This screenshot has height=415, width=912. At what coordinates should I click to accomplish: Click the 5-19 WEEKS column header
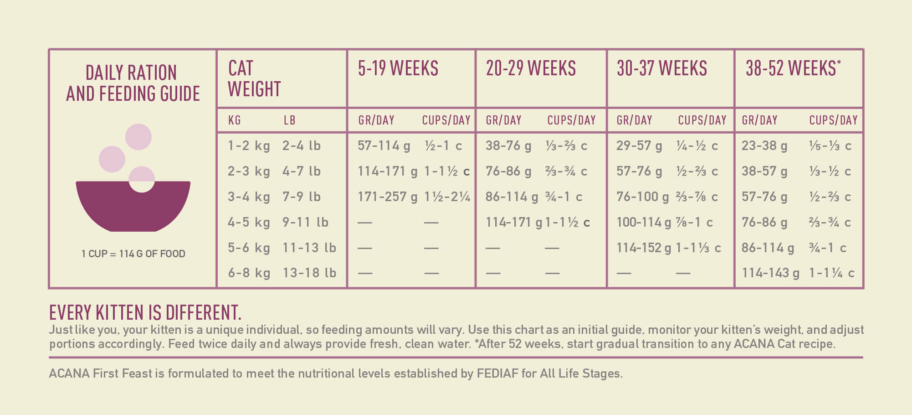click(x=398, y=68)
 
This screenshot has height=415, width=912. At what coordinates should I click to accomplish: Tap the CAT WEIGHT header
click(x=254, y=78)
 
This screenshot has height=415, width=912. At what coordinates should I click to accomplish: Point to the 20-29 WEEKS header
click(x=531, y=68)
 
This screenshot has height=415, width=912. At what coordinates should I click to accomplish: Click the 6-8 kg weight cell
click(x=249, y=273)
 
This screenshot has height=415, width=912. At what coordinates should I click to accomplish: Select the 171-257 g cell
click(x=387, y=197)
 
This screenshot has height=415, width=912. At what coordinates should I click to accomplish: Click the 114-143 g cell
click(x=770, y=273)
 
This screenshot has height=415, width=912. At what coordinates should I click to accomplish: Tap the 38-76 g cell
click(x=508, y=145)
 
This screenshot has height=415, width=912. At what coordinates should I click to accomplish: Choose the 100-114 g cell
click(x=643, y=222)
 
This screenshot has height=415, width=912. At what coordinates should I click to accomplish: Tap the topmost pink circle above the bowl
click(x=138, y=137)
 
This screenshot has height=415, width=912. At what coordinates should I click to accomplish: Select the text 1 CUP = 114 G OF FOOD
click(x=133, y=254)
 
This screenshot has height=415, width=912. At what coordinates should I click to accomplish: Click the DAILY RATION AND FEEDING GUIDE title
click(x=133, y=83)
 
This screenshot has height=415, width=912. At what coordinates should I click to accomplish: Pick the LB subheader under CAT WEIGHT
click(x=289, y=120)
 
